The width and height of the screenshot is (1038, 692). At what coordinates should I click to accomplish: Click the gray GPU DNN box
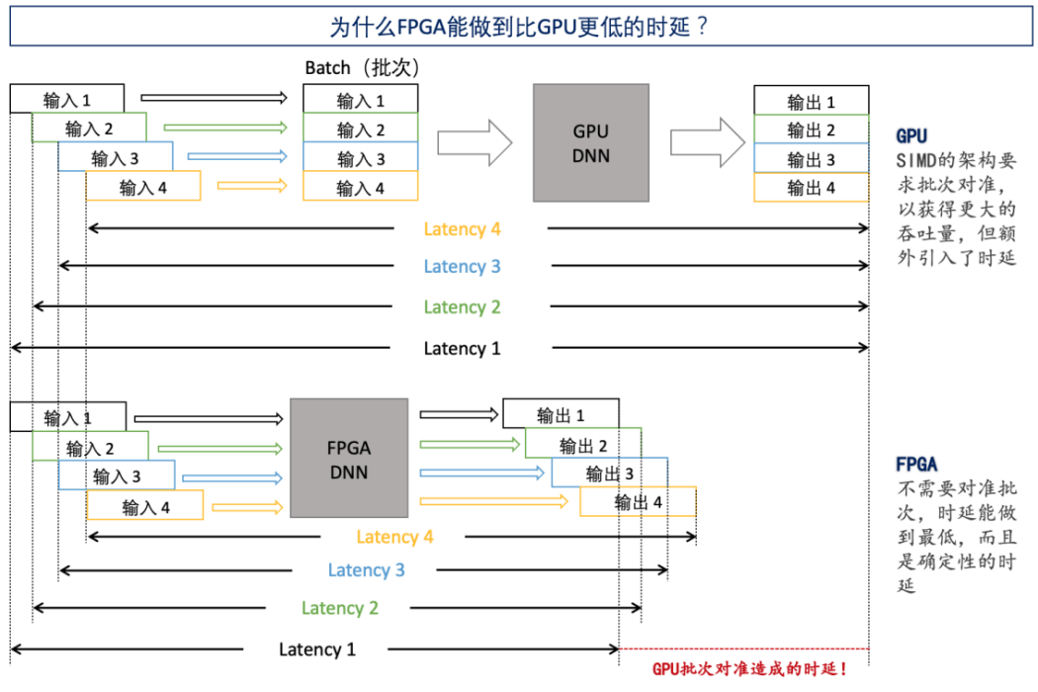pyautogui.click(x=591, y=142)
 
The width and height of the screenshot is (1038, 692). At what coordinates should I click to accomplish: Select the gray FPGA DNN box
pyautogui.click(x=348, y=458)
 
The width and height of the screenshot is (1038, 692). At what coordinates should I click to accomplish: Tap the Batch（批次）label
pyautogui.click(x=363, y=68)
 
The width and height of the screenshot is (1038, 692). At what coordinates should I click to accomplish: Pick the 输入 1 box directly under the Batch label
pyautogui.click(x=360, y=100)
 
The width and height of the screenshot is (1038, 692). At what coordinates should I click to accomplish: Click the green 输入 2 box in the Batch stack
pyautogui.click(x=360, y=130)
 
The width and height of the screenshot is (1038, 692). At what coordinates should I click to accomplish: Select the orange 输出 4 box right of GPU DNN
pyautogui.click(x=811, y=187)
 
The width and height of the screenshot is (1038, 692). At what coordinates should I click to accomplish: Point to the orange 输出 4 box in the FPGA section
pyautogui.click(x=638, y=502)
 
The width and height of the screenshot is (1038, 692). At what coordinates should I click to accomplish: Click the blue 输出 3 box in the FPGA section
pyautogui.click(x=609, y=474)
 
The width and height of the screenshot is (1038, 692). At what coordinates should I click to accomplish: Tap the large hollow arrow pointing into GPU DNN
pyautogui.click(x=475, y=142)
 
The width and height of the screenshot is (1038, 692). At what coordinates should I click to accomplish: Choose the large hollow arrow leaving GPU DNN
pyautogui.click(x=707, y=142)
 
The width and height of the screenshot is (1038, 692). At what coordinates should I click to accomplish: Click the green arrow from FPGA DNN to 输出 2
pyautogui.click(x=469, y=444)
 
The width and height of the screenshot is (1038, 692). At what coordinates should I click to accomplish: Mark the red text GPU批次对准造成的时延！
pyautogui.click(x=749, y=670)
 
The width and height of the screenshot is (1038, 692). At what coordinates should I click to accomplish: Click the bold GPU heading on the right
pyautogui.click(x=911, y=135)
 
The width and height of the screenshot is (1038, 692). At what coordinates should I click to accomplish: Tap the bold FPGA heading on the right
pyautogui.click(x=916, y=464)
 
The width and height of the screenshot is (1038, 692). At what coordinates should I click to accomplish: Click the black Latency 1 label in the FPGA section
pyautogui.click(x=316, y=649)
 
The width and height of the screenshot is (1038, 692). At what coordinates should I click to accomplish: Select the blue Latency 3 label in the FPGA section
pyautogui.click(x=366, y=570)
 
